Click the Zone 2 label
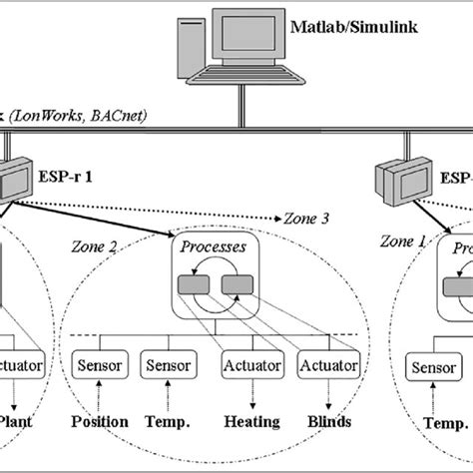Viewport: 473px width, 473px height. [x=97, y=245]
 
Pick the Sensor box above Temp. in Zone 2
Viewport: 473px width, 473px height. [x=166, y=365]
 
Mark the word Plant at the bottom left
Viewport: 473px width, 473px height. [x=22, y=422]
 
